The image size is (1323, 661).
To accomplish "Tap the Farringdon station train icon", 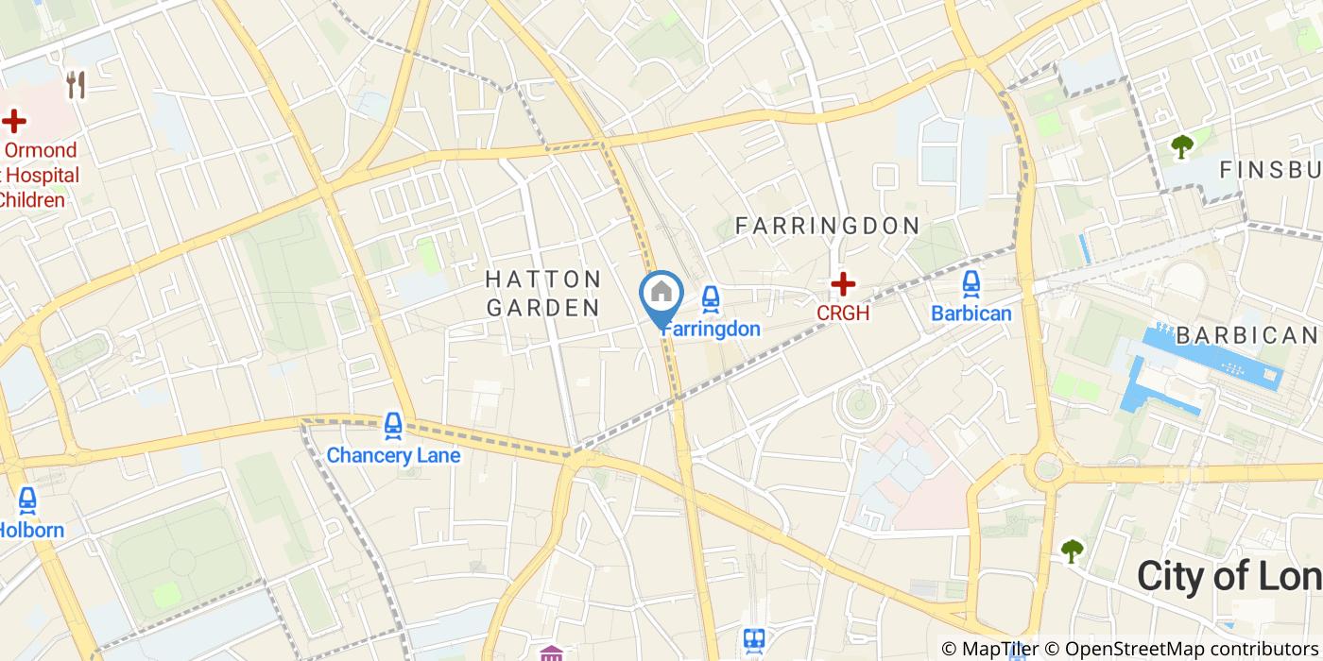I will point(711,299).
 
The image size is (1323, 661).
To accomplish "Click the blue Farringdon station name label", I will point(711,329).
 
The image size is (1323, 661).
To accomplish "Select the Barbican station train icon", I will point(971,283).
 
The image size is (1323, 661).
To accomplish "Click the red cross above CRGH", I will point(842,283).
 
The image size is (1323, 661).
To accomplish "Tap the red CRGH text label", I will point(842,314).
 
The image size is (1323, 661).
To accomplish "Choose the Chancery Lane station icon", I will point(393,426).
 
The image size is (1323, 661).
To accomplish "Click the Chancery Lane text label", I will point(393,456).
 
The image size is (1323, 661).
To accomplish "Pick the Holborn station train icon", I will point(27,500).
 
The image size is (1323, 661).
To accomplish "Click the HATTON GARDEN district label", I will point(543,293).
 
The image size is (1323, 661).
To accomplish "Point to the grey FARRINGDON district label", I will point(827,226).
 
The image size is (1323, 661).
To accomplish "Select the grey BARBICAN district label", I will point(1246,335).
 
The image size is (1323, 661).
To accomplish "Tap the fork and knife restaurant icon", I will point(77,86).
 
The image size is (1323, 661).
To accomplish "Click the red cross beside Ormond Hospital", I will point(13,121).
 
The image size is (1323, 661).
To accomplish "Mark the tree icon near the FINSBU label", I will point(1181,145).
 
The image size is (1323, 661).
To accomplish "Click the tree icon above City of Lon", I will point(1072,551).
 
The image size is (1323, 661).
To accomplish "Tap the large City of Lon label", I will point(1228,575).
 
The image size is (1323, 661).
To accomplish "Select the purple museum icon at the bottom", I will point(551,653).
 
